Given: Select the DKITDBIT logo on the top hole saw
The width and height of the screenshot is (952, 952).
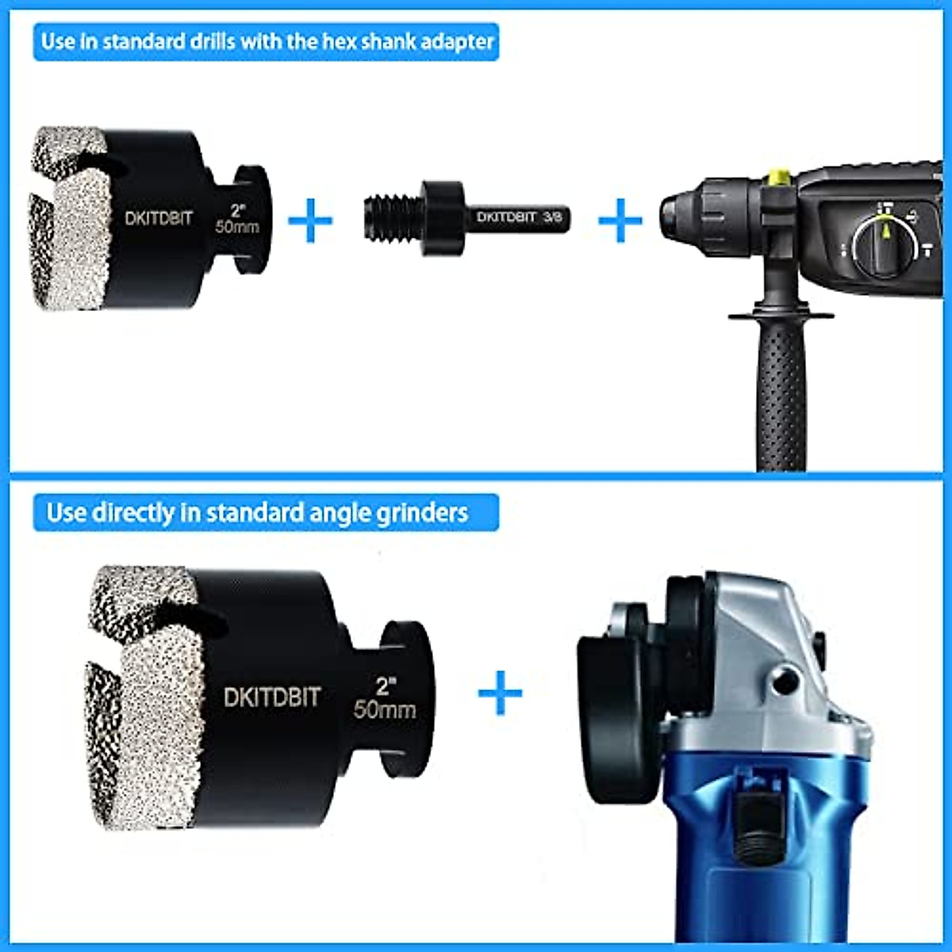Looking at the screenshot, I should pyautogui.click(x=159, y=217).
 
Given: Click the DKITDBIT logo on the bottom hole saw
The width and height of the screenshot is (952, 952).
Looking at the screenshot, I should pyautogui.click(x=271, y=697).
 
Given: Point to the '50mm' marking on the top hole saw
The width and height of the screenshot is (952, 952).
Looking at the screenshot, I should pyautogui.click(x=237, y=227).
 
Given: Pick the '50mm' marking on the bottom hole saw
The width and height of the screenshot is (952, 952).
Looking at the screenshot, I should pyautogui.click(x=385, y=708).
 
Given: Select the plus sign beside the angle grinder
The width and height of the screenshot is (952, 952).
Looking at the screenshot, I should pyautogui.click(x=500, y=693).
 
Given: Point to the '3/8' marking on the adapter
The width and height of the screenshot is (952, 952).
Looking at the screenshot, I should pyautogui.click(x=552, y=217).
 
